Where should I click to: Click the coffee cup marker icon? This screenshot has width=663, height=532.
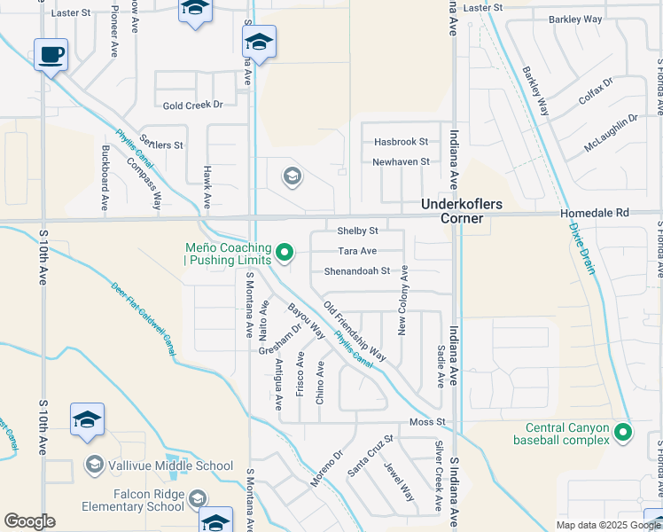51,55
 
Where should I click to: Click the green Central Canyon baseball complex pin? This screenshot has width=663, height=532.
623,433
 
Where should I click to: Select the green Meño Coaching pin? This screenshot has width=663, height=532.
284,254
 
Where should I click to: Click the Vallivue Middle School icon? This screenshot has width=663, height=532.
94,465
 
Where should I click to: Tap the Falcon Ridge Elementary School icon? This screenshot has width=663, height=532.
197,500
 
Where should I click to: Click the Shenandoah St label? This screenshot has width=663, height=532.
357,271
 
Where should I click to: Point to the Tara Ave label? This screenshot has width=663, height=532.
357,252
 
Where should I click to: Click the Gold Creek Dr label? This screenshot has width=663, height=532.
192,106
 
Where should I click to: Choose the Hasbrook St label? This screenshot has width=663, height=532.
401,142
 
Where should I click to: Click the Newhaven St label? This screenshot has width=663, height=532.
401,162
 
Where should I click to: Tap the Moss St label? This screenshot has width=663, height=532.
425,423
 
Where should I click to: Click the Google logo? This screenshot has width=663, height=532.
30,521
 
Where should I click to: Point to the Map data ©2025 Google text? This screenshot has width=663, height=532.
607,525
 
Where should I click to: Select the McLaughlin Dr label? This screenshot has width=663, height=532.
611,133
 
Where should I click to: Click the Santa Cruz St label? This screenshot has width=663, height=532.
370,456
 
